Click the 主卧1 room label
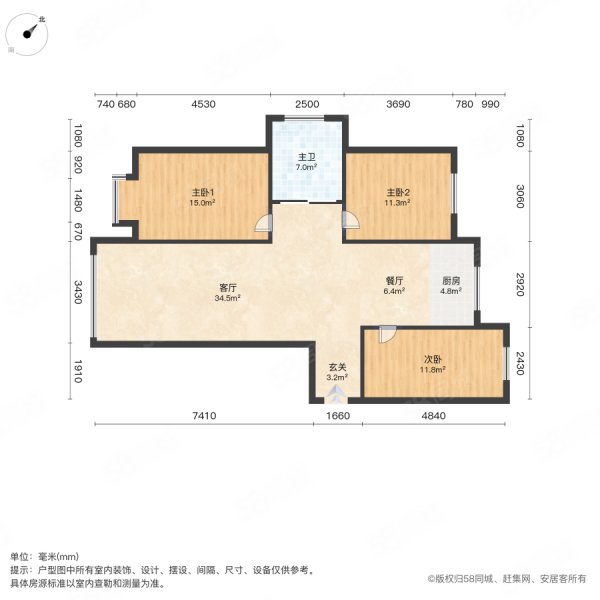click(202, 192)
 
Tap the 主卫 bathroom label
click(307, 157)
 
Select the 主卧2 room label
click(398, 192)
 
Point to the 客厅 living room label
click(228, 288)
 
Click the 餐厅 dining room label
click(394, 281)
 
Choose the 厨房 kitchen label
click(451, 281)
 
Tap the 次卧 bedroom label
click(432, 360)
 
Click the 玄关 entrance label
click(338, 367)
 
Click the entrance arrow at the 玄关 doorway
click(336, 394)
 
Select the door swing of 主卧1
click(264, 223)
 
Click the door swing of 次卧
click(388, 335)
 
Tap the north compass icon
click(27, 34)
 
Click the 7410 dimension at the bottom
click(204, 416)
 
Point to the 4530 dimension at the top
click(204, 104)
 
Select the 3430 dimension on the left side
click(78, 292)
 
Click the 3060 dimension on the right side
click(520, 196)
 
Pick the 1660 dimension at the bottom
click(338, 416)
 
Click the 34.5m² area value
click(227, 298)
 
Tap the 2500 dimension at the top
click(307, 104)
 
